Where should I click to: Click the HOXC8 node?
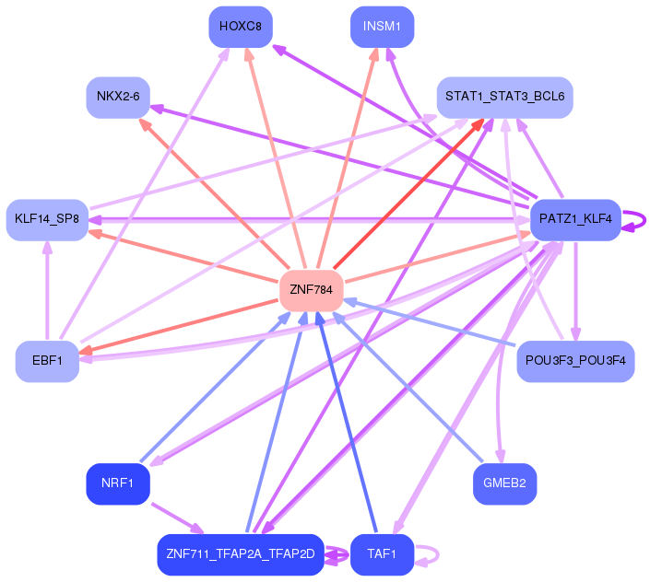(240, 27)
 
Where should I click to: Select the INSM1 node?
(382, 27)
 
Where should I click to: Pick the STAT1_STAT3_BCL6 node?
(504, 97)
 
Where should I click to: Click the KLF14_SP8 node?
(46, 219)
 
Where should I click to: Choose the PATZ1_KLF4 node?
(575, 219)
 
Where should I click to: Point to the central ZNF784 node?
(311, 289)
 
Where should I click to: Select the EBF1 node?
(47, 361)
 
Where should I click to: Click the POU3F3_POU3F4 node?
(575, 361)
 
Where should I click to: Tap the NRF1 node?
(118, 483)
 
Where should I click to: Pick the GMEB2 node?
(504, 483)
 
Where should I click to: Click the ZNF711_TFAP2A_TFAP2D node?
(240, 554)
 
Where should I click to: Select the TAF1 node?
(382, 554)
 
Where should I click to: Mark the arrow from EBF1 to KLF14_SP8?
(46, 290)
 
